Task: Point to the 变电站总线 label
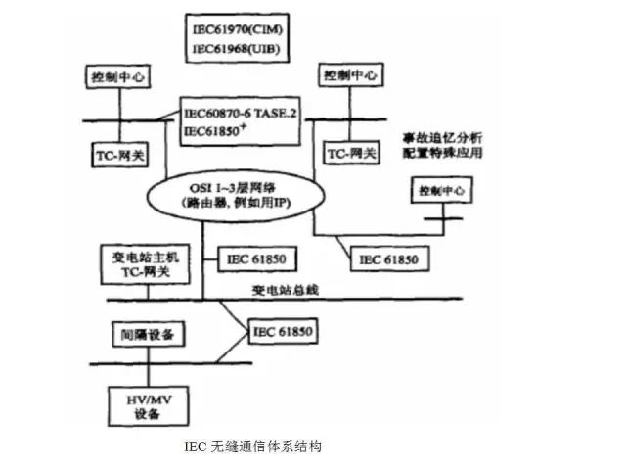click(x=286, y=290)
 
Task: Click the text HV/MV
click(x=144, y=397)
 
